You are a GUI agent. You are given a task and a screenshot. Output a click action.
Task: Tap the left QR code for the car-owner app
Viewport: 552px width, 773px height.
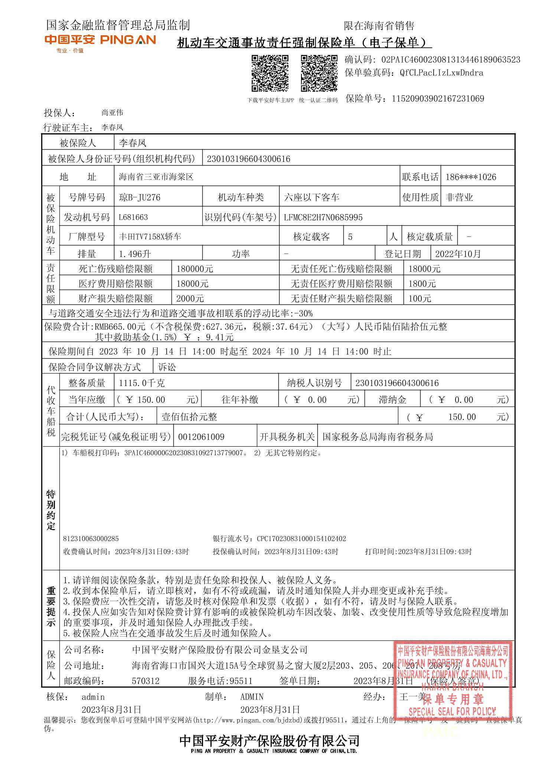(270, 73)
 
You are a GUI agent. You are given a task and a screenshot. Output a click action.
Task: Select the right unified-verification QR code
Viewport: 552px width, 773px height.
(319, 73)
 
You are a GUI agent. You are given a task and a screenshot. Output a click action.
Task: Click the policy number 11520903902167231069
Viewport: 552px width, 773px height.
(438, 99)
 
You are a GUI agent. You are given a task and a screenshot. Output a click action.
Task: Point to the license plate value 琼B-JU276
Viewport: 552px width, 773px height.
(140, 197)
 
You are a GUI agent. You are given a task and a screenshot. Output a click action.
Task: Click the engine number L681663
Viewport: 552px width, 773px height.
(133, 217)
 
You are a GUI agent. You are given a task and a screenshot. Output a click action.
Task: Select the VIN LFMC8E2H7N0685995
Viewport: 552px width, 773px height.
(323, 217)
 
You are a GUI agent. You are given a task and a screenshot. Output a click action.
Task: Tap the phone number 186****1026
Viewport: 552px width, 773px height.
(471, 177)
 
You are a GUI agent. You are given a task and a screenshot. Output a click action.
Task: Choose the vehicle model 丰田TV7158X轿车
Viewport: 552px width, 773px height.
(150, 237)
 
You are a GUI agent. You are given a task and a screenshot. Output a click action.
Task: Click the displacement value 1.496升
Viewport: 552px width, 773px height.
(135, 254)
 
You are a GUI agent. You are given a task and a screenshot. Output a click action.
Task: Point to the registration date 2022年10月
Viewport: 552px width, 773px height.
(458, 254)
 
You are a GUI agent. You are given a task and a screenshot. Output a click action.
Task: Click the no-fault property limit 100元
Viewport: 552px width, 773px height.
(420, 299)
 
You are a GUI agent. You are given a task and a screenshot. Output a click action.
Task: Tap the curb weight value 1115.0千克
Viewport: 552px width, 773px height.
(142, 383)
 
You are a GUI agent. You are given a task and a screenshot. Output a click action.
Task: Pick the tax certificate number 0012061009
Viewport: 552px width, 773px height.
(201, 437)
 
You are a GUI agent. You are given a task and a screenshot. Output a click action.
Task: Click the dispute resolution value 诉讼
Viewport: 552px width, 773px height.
(167, 367)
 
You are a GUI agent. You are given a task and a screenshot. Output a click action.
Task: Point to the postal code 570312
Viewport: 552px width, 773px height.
(146, 681)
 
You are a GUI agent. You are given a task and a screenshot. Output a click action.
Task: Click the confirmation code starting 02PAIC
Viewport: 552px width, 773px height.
(451, 60)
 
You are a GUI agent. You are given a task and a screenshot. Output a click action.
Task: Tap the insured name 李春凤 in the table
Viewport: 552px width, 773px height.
(133, 143)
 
